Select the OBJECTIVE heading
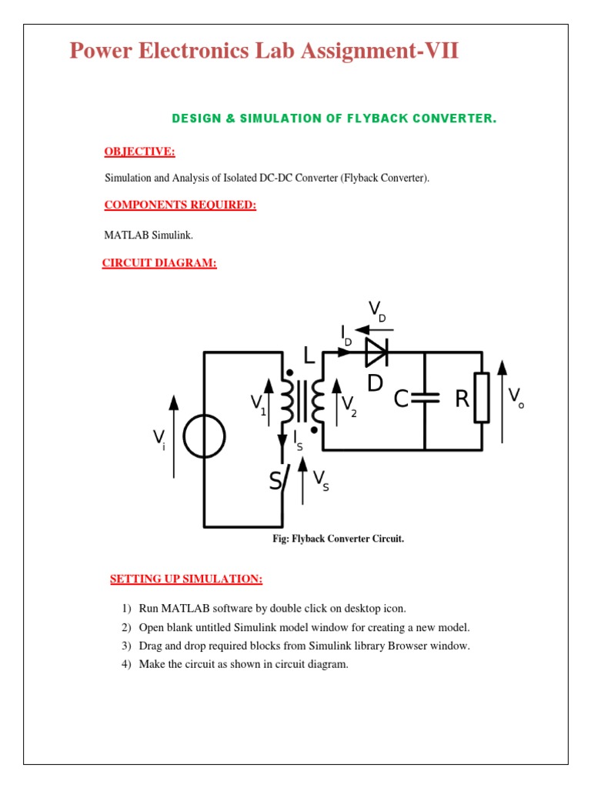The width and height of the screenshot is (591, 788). [x=139, y=152]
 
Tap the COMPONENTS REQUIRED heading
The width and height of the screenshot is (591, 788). [x=180, y=205]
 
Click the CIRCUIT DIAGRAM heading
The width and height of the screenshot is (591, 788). [x=159, y=264]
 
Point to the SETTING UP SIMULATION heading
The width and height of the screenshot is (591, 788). [x=186, y=578]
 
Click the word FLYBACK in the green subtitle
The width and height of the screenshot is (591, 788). [x=380, y=119]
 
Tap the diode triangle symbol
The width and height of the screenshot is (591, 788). [x=376, y=352]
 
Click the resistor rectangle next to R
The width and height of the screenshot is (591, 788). [x=482, y=398]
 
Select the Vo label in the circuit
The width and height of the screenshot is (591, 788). [x=516, y=398]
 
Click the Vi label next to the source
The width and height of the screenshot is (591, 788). [x=159, y=439]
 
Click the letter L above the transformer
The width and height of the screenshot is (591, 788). [x=309, y=356]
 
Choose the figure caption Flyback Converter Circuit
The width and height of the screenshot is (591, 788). [x=338, y=539]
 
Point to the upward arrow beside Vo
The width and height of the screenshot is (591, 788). [x=502, y=400]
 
